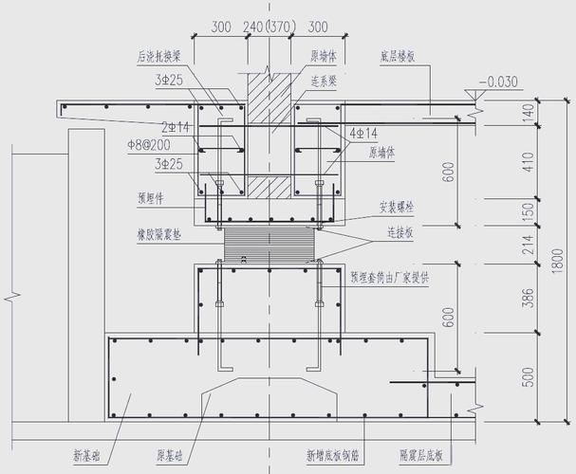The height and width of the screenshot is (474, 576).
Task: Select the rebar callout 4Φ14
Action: point(363,133)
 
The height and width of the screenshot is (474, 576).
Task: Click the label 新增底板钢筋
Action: point(331,456)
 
